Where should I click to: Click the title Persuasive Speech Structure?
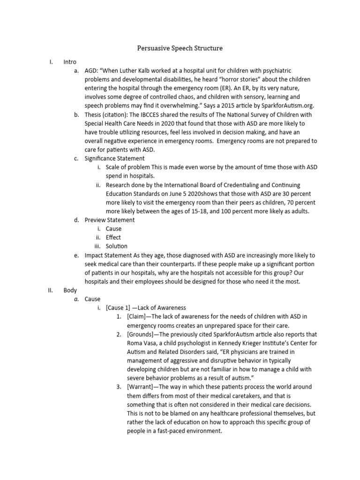(x=180, y=48)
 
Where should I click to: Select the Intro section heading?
(x=70, y=62)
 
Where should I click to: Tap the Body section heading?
(x=70, y=290)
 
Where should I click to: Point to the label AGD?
(x=92, y=71)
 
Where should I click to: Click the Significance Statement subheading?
(x=114, y=158)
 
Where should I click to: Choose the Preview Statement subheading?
(x=110, y=220)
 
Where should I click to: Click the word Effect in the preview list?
(x=113, y=237)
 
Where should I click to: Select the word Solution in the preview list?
(x=116, y=246)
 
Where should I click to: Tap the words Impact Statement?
(x=108, y=255)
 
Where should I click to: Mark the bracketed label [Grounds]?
(x=142, y=334)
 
